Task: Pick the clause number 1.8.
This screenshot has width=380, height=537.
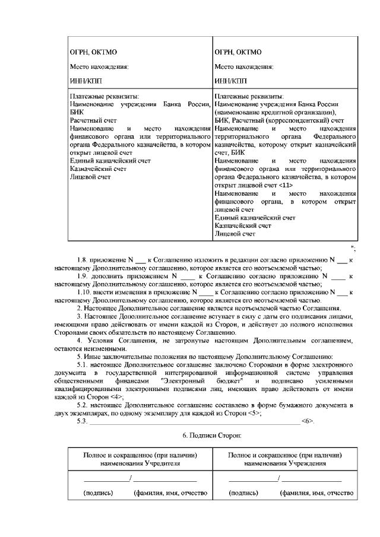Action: pos(85,260)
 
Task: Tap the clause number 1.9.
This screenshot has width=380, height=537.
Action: pos(85,277)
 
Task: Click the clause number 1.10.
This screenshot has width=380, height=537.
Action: pos(87,293)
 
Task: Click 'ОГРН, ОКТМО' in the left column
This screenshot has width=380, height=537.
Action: pos(91,52)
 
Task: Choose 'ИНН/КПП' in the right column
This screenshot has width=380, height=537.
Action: pos(231,80)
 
